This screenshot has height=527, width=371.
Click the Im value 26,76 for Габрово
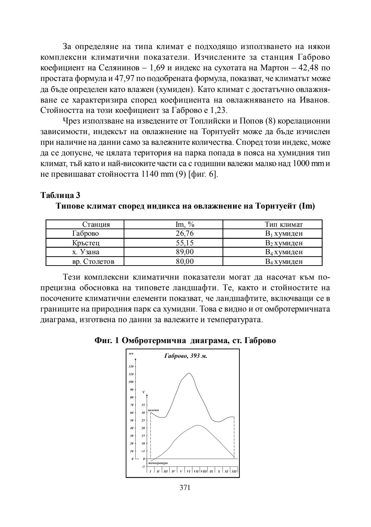185,234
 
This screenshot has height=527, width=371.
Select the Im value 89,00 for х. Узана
185,252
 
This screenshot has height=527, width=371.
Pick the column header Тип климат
284,225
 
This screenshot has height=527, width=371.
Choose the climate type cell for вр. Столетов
284,261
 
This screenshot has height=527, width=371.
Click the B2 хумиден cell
284,243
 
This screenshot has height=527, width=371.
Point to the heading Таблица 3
60,195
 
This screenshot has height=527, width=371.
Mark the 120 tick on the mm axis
131,366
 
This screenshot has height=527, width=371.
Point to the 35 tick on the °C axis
143,405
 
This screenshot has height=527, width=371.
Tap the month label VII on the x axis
196,471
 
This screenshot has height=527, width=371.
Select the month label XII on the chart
234,471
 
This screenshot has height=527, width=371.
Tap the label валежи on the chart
153,410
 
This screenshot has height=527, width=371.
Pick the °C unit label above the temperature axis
144,392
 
